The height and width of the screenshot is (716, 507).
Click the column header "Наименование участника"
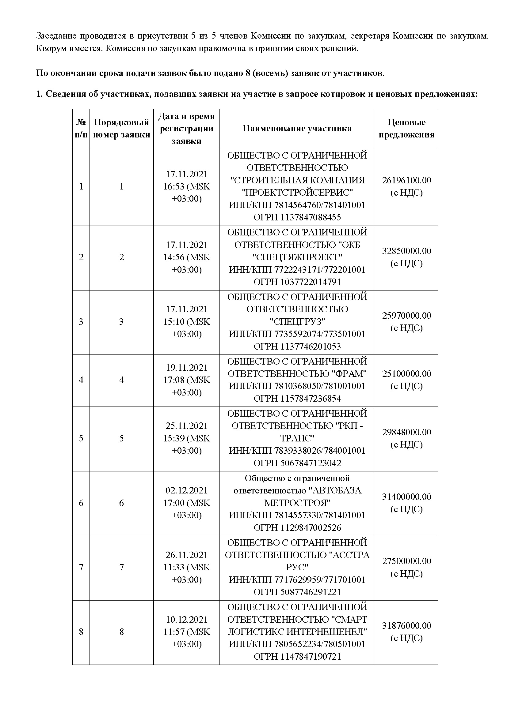click(x=297, y=129)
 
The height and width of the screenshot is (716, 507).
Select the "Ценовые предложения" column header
click(x=406, y=129)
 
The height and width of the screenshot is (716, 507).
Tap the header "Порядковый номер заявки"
click(x=121, y=129)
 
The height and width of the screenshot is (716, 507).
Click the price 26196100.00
click(x=406, y=180)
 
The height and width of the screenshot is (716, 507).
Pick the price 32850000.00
click(x=406, y=251)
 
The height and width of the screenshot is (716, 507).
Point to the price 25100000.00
click(x=406, y=373)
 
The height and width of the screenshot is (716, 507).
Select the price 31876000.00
click(x=406, y=625)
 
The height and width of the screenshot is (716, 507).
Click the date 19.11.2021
click(x=187, y=368)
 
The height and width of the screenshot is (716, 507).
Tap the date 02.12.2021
click(x=187, y=490)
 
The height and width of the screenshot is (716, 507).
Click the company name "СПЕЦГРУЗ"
click(x=297, y=321)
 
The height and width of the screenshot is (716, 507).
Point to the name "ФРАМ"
click(x=351, y=373)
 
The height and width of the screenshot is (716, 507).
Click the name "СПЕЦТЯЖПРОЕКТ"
click(x=297, y=257)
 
